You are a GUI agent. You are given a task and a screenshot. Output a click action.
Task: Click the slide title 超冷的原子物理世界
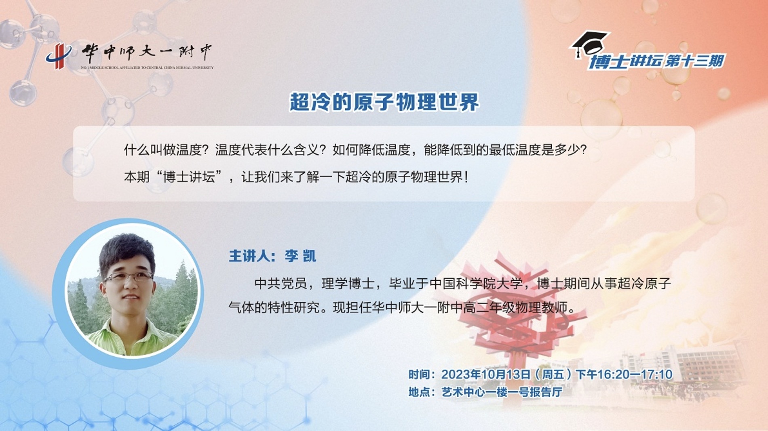point(384,102)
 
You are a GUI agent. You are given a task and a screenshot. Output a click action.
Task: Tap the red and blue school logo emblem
point(59,56)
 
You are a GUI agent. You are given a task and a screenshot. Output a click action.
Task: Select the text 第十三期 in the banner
point(694,61)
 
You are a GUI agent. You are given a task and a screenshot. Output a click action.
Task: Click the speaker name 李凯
point(300,256)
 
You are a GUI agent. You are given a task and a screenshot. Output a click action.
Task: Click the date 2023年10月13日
point(485,374)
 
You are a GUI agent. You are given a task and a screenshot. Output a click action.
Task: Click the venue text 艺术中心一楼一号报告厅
point(502,392)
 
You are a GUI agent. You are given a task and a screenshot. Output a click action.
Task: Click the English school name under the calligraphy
point(147,67)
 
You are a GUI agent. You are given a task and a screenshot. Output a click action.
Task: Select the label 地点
point(419,392)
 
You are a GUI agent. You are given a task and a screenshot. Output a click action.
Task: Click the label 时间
point(419,374)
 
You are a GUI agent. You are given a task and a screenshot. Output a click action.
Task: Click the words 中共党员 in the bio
point(281,284)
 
